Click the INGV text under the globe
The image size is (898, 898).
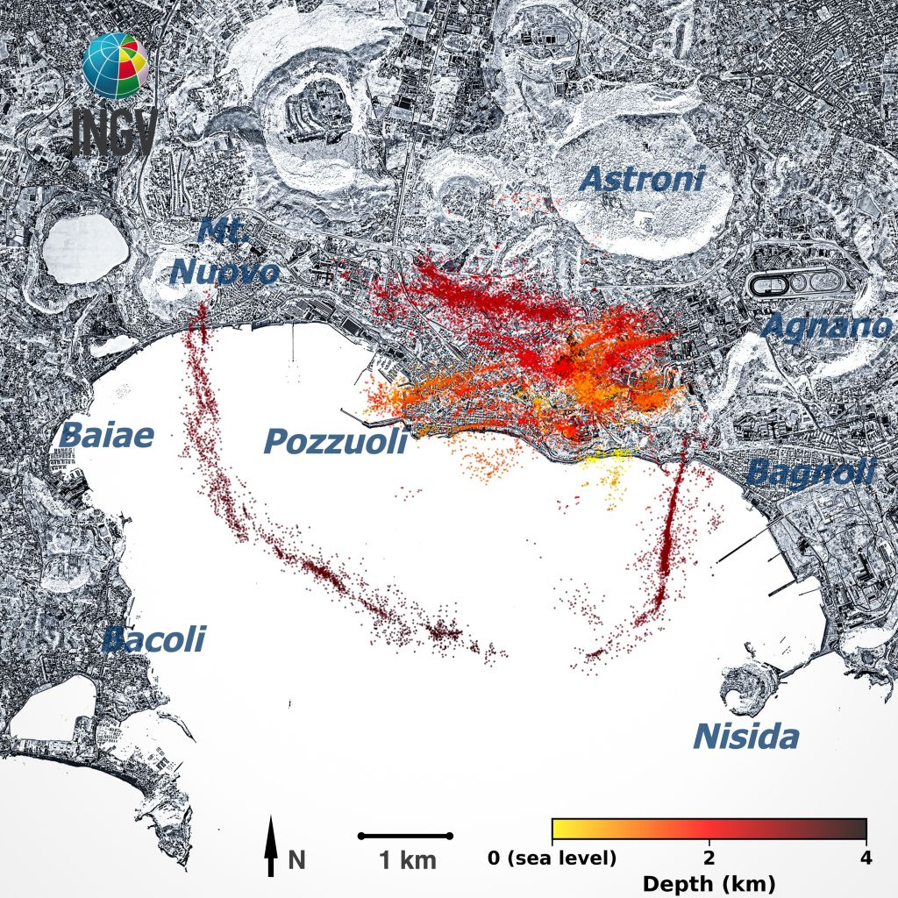tap(115, 132)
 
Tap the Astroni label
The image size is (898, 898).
tap(642, 180)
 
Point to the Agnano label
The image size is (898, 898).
tap(827, 326)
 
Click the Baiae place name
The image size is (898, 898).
tap(107, 435)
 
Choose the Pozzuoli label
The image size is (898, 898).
tap(336, 442)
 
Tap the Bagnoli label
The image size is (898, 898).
tap(811, 473)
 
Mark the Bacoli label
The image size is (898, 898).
tap(153, 639)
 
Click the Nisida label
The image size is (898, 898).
tap(746, 737)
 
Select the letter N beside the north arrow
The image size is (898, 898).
tap(297, 859)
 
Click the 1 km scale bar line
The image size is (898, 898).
tap(405, 836)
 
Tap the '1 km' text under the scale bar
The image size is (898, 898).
tap(407, 860)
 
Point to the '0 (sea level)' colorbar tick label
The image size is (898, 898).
tap(552, 857)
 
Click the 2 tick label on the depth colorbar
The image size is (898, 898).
tap(709, 857)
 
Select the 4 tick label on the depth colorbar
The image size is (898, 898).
tap(866, 857)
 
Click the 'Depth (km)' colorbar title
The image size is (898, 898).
tap(709, 882)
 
